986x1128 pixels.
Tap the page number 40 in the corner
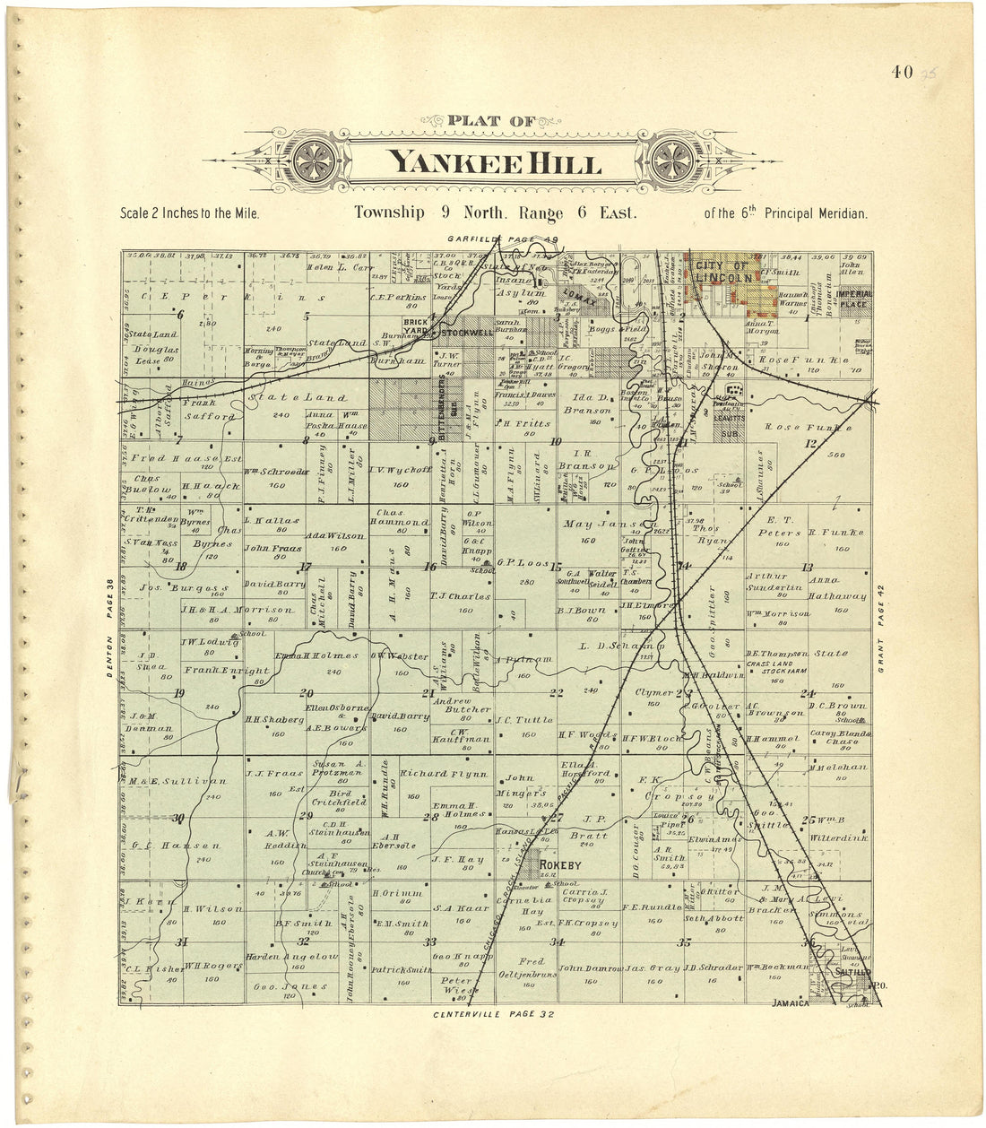click(902, 73)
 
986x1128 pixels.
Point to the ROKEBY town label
click(561, 865)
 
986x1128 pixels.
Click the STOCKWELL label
click(462, 333)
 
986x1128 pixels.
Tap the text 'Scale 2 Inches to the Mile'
click(189, 214)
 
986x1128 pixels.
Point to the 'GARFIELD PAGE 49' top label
click(503, 239)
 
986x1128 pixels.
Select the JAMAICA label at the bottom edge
click(791, 1003)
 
